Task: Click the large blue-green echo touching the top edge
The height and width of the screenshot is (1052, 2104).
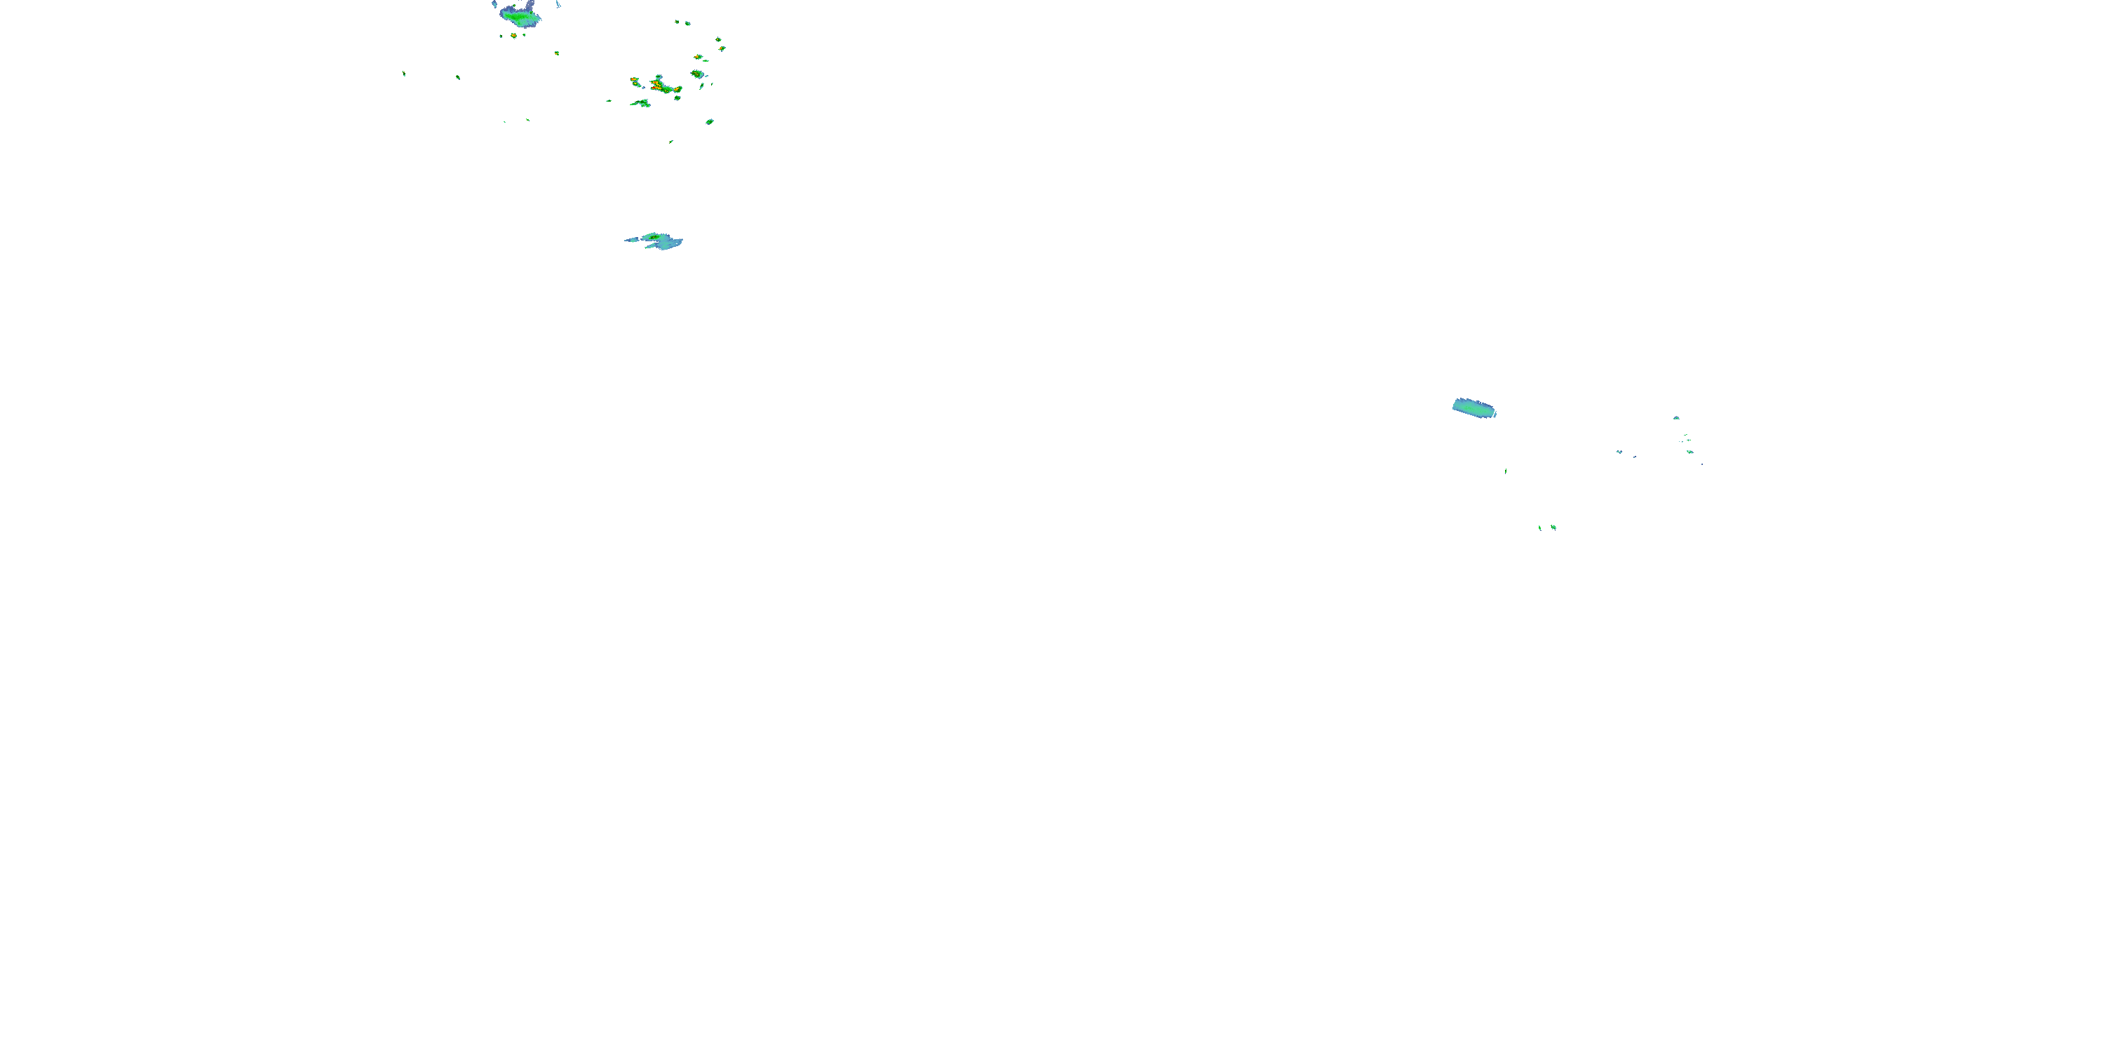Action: [520, 15]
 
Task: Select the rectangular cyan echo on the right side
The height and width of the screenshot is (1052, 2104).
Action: [1473, 407]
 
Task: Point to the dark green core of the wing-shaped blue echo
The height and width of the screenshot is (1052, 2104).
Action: [654, 237]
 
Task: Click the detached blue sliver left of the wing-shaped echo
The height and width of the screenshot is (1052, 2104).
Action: [631, 240]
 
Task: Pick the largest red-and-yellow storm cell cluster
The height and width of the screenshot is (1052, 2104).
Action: [663, 85]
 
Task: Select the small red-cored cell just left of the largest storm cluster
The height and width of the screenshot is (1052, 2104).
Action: [635, 81]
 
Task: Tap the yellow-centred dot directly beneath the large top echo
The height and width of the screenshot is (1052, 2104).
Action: [514, 36]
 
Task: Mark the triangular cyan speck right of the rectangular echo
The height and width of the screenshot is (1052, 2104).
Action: [1676, 418]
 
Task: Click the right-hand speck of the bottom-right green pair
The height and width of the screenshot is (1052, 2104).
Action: [1553, 527]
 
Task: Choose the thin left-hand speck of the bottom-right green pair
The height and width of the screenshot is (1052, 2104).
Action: [1539, 527]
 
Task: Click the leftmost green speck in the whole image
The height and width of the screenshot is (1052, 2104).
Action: [403, 74]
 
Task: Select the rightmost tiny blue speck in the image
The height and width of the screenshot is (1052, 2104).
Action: [1702, 464]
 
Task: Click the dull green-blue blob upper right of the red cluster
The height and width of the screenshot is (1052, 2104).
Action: [696, 74]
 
